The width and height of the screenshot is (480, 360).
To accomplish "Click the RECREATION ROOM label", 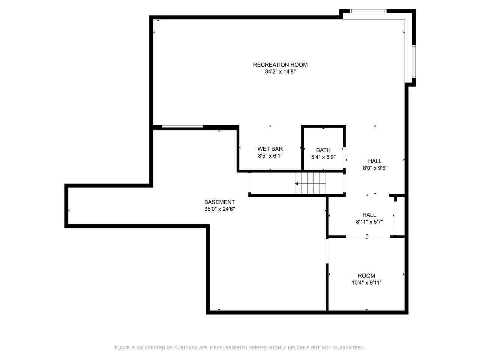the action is [x=280, y=65].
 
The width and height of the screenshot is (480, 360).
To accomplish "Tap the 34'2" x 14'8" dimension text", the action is [x=280, y=72].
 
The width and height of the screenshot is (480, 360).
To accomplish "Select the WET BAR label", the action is [x=270, y=149].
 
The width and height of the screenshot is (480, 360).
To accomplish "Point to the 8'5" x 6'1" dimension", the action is [x=270, y=156].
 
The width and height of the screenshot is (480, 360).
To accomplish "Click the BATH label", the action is [x=323, y=150].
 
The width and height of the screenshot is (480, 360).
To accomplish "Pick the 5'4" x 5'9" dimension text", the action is [x=323, y=157].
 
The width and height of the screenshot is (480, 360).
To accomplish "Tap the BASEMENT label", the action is [x=219, y=202].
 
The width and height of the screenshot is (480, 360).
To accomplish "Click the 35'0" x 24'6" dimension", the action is [x=219, y=209].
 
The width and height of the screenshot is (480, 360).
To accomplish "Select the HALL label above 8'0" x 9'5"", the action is [x=375, y=161].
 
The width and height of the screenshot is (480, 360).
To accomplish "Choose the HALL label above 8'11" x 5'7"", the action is [x=369, y=215].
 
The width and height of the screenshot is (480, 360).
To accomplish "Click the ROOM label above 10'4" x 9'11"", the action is [x=366, y=276].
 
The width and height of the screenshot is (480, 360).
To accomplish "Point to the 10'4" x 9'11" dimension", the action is [x=366, y=283].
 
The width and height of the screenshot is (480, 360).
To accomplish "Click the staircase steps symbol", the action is [x=310, y=183].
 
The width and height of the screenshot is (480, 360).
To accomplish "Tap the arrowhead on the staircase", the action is [x=296, y=184].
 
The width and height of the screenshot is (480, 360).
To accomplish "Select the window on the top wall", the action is [x=368, y=11].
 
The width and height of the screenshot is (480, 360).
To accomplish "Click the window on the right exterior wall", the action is [x=414, y=61].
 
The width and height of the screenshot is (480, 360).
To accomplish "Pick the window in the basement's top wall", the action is [x=182, y=126].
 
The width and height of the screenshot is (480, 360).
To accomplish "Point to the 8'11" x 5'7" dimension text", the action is [x=369, y=222].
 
